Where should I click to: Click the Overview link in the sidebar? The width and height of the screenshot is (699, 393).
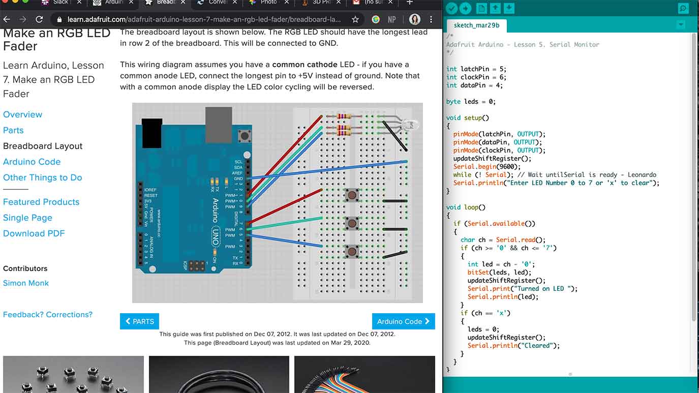pyautogui.click(x=23, y=114)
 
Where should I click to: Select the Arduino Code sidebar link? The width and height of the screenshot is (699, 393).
pyautogui.click(x=32, y=162)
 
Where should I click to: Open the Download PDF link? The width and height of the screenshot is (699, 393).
pyautogui.click(x=34, y=233)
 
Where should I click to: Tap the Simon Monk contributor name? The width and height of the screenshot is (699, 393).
pyautogui.click(x=26, y=283)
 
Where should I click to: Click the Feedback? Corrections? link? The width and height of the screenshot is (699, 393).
pyautogui.click(x=48, y=315)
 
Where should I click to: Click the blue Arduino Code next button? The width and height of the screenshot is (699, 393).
pyautogui.click(x=403, y=321)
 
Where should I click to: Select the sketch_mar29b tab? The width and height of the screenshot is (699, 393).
pyautogui.click(x=476, y=25)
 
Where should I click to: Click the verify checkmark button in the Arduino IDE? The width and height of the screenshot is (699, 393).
pyautogui.click(x=451, y=8)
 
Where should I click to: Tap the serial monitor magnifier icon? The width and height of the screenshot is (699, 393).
pyautogui.click(x=683, y=8)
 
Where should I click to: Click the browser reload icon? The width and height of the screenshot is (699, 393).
pyautogui.click(x=39, y=20)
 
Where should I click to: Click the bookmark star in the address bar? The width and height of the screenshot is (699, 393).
pyautogui.click(x=355, y=20)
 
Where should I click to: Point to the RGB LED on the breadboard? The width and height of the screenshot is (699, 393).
pyautogui.click(x=409, y=124)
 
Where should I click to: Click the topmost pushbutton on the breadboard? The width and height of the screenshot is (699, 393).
pyautogui.click(x=351, y=195)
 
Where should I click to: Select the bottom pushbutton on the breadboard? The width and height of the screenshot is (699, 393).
pyautogui.click(x=351, y=251)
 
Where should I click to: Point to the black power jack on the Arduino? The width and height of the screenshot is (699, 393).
pyautogui.click(x=152, y=133)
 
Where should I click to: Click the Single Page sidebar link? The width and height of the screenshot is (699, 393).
pyautogui.click(x=27, y=218)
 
